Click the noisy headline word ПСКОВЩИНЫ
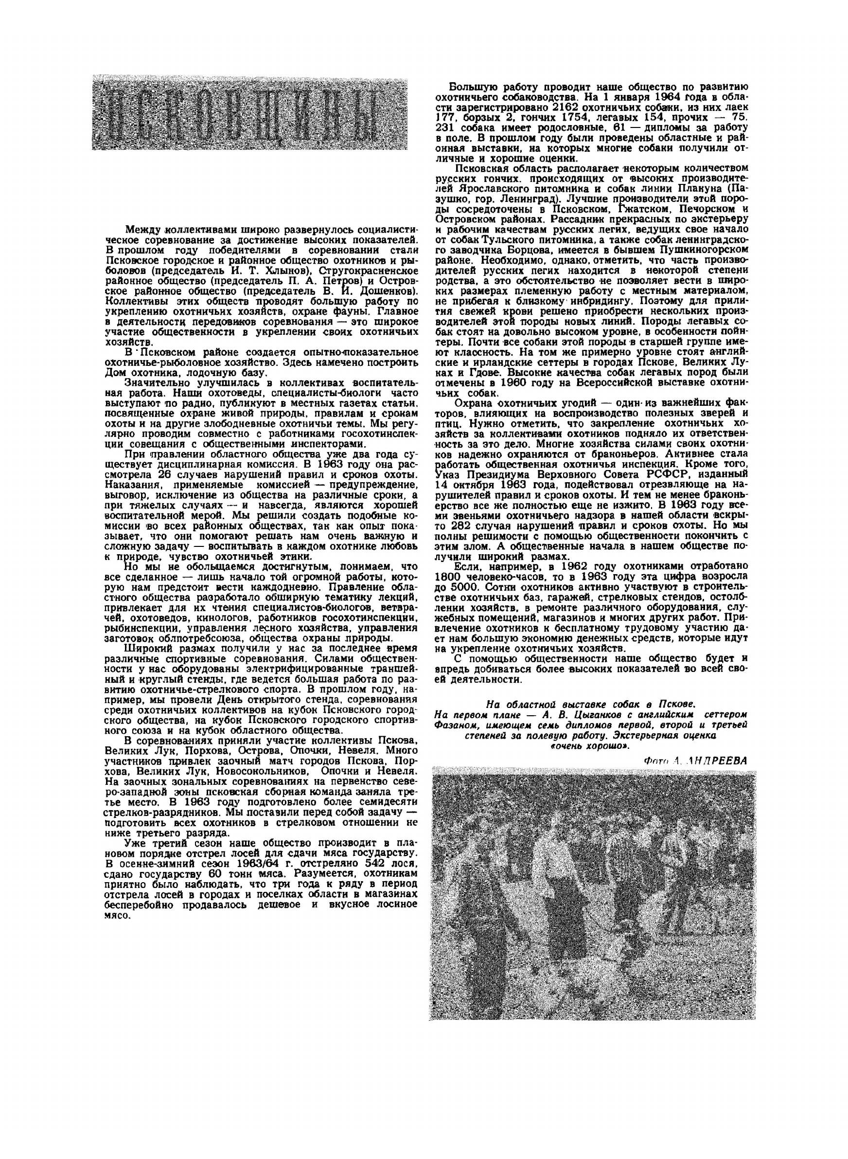249,113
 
